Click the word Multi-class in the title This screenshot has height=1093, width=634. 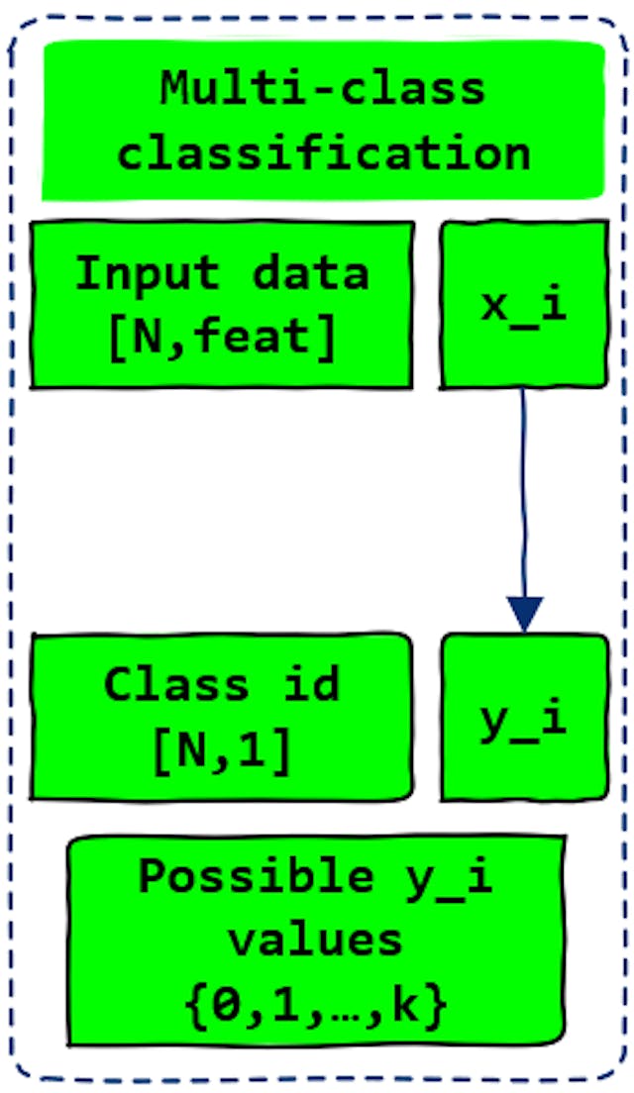(323, 90)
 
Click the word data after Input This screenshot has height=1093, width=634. (310, 273)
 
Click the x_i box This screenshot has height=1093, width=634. (524, 305)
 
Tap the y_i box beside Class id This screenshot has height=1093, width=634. (524, 718)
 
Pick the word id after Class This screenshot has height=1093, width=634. (311, 685)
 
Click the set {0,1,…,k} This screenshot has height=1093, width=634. (316, 1005)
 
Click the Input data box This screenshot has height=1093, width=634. (222, 305)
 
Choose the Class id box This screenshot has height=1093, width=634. (222, 718)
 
